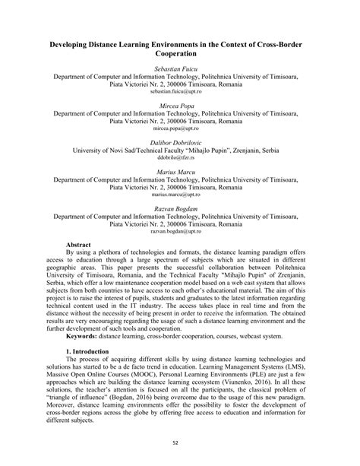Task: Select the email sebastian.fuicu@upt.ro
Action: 180,90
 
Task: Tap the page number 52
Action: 180,443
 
